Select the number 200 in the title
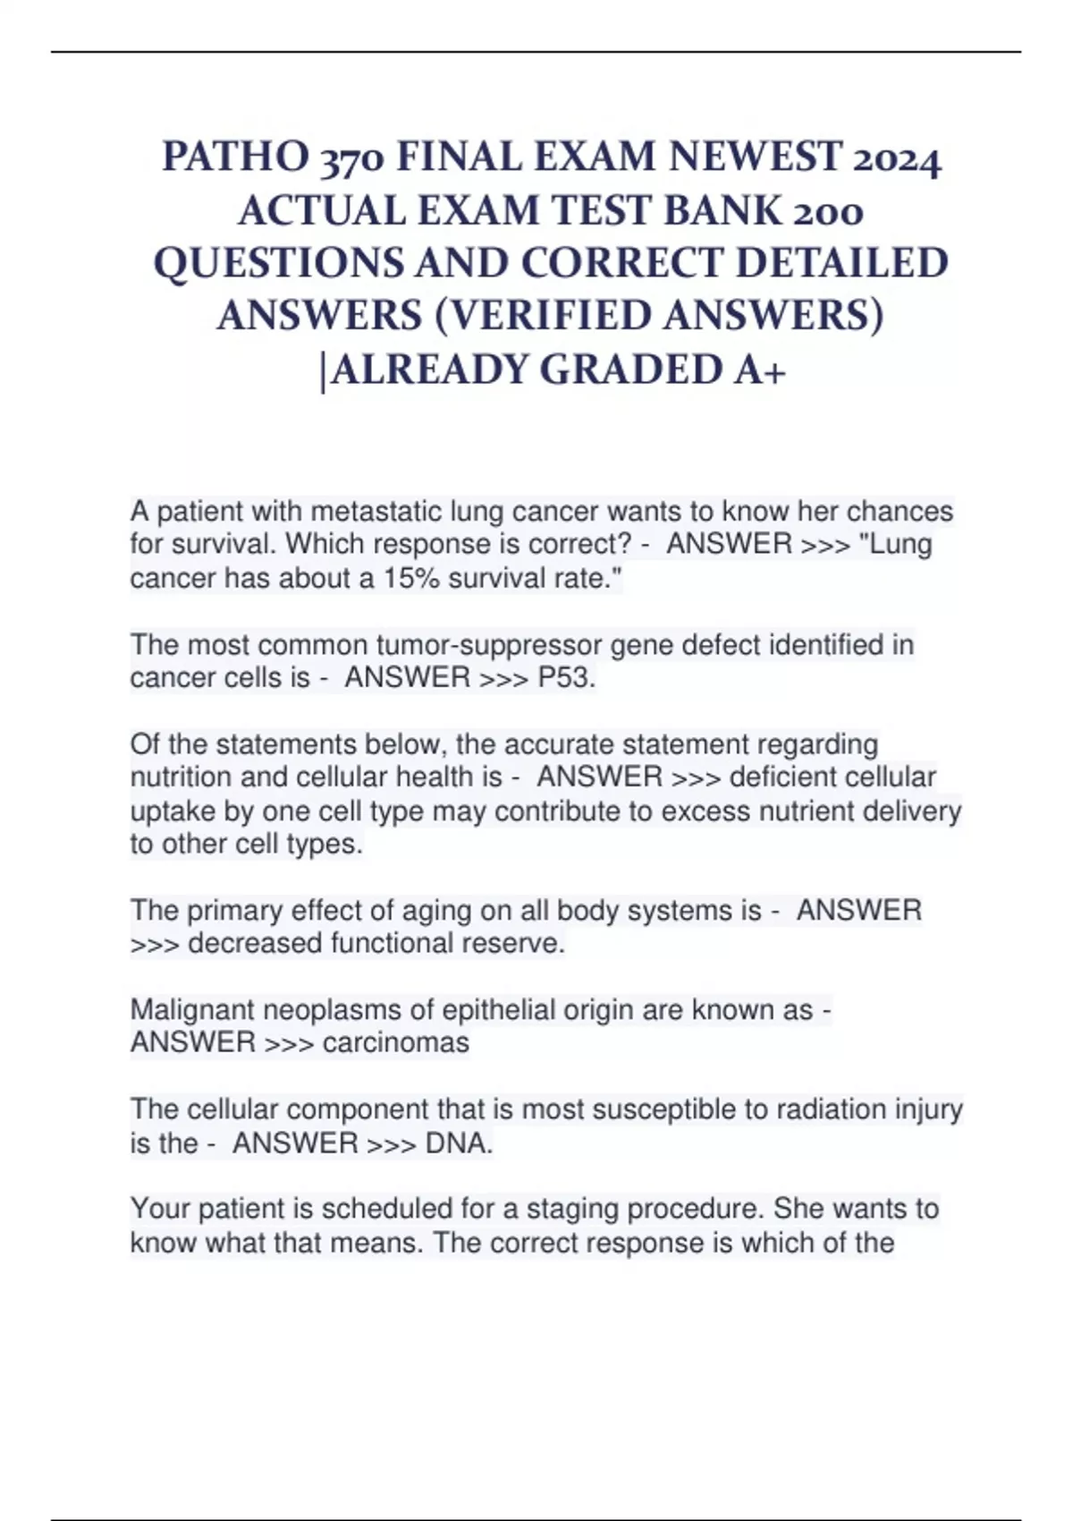click(828, 211)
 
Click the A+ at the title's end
click(759, 370)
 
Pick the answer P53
click(566, 678)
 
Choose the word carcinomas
click(395, 1042)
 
